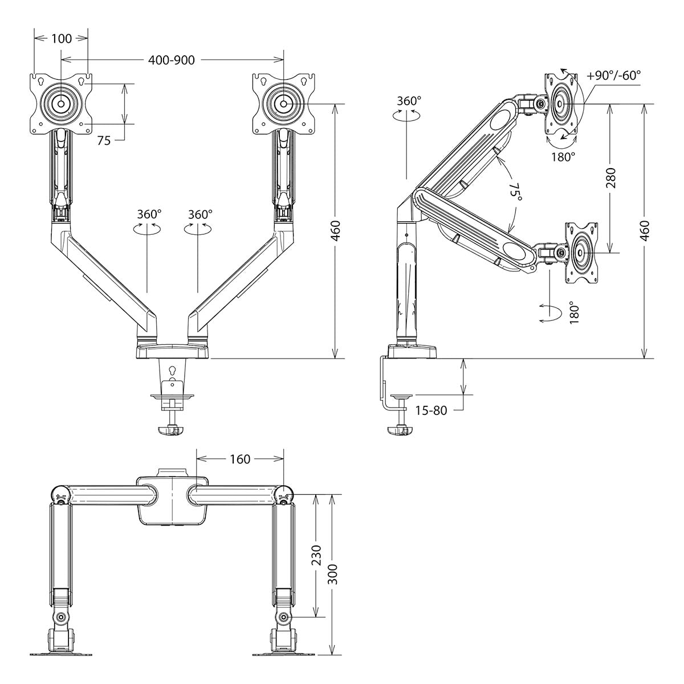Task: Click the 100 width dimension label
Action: pyautogui.click(x=62, y=39)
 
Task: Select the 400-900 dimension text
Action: pyautogui.click(x=172, y=60)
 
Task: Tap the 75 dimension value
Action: pyautogui.click(x=104, y=141)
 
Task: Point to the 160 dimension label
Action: pyautogui.click(x=240, y=459)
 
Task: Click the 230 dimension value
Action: pyautogui.click(x=316, y=555)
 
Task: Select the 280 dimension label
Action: pyautogui.click(x=612, y=178)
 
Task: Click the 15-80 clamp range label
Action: pyautogui.click(x=431, y=410)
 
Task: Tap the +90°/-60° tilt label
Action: pyautogui.click(x=613, y=76)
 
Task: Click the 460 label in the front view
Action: pyautogui.click(x=336, y=231)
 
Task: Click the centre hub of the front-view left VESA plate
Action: pyautogui.click(x=61, y=104)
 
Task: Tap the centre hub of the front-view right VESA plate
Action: pyautogui.click(x=284, y=104)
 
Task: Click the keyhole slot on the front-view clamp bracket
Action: pyautogui.click(x=172, y=370)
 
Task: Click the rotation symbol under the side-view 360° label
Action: pyautogui.click(x=406, y=115)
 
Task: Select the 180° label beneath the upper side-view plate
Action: pyautogui.click(x=563, y=157)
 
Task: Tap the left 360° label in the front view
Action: pyautogui.click(x=149, y=214)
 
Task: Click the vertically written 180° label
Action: pyautogui.click(x=574, y=312)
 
